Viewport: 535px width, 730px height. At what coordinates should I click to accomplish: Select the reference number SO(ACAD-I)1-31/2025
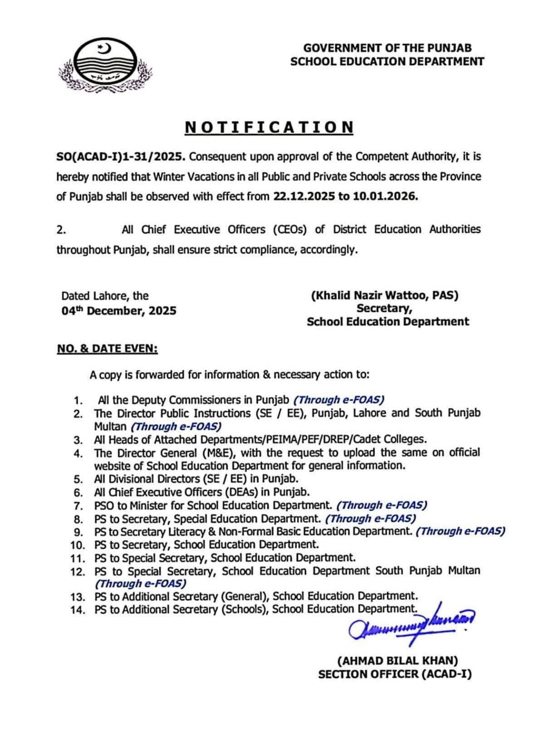tap(121, 157)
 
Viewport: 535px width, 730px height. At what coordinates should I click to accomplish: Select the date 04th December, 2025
tap(119, 311)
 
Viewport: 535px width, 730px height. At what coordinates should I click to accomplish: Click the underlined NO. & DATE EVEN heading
tap(107, 349)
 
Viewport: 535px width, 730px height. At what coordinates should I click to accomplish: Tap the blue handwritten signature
tap(408, 624)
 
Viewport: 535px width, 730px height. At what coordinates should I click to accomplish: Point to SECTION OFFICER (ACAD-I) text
tap(395, 675)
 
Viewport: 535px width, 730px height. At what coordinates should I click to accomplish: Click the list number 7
tap(78, 506)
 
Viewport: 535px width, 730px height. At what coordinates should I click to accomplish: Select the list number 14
tap(78, 610)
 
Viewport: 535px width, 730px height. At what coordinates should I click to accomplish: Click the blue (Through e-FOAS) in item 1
tap(339, 400)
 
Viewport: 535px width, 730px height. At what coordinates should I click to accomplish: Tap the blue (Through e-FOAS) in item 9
tap(460, 531)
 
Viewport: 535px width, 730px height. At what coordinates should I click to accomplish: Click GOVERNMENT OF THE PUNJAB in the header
tap(387, 48)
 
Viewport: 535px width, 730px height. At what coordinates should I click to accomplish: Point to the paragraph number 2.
tap(61, 230)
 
